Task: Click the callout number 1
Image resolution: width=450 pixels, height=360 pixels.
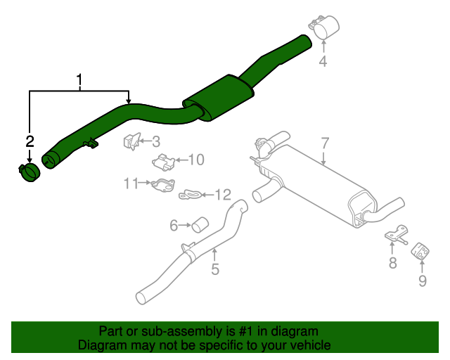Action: tap(79, 80)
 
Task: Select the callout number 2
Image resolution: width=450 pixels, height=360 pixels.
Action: tap(30, 142)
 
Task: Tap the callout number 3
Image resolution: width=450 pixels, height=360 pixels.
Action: tap(156, 141)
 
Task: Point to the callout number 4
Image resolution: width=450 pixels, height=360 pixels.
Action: tap(323, 62)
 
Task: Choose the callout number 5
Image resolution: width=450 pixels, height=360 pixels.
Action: tap(215, 268)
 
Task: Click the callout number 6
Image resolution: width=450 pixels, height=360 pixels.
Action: tap(173, 226)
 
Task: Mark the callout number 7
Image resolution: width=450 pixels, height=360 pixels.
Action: tap(325, 143)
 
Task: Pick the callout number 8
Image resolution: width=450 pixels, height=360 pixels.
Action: tap(393, 263)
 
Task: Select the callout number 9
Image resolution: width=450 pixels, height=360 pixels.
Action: tap(423, 281)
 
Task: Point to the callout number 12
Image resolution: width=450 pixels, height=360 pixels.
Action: tap(222, 194)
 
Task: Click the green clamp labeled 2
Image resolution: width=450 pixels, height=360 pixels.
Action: tap(29, 172)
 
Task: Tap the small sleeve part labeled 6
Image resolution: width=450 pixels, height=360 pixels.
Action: tap(200, 225)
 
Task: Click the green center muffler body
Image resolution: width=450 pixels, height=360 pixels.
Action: tap(221, 99)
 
